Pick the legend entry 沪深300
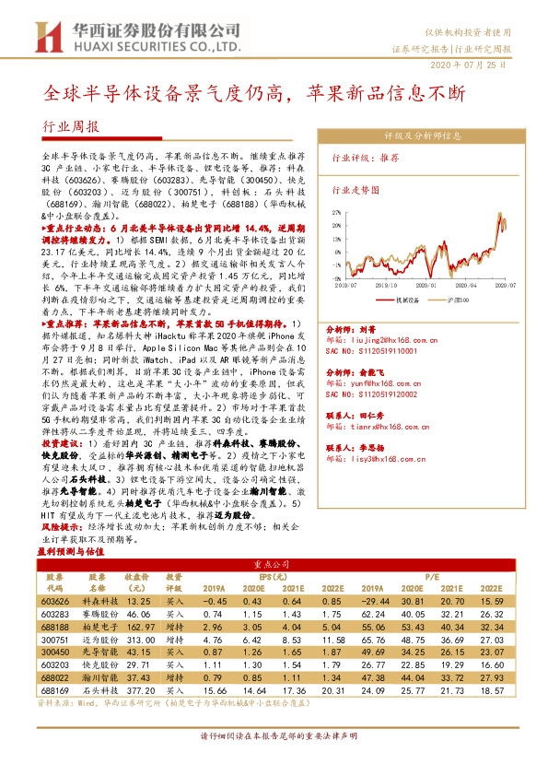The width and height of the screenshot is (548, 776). [x=465, y=299]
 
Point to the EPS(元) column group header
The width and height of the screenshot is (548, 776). [x=272, y=574]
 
